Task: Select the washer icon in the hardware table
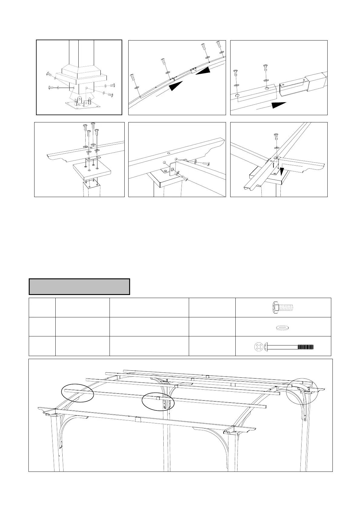[282, 327]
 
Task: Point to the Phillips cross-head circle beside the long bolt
[259, 347]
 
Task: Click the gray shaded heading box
[79, 287]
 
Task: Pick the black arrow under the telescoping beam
[278, 105]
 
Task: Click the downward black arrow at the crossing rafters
[282, 171]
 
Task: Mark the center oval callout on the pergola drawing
[159, 402]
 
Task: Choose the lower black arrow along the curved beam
[176, 86]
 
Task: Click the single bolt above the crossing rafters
[276, 137]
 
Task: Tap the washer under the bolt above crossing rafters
[276, 148]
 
